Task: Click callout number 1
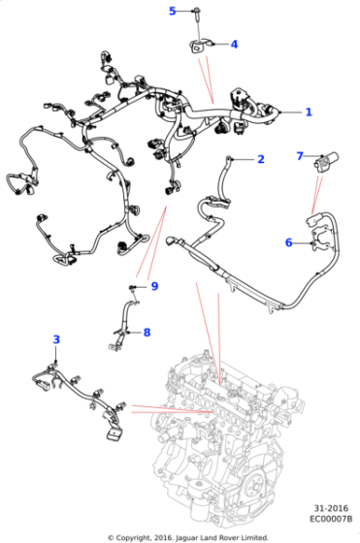[x=309, y=112]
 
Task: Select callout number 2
[x=260, y=159]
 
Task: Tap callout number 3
[x=56, y=339]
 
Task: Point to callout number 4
[x=233, y=45]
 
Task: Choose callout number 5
[x=173, y=12]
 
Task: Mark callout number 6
[x=288, y=242]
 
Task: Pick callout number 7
[x=300, y=155]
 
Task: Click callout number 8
[x=147, y=333]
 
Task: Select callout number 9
[x=153, y=285]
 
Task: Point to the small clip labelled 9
[x=132, y=288]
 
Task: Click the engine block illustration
[x=233, y=427]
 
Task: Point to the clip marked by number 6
[x=310, y=243]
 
